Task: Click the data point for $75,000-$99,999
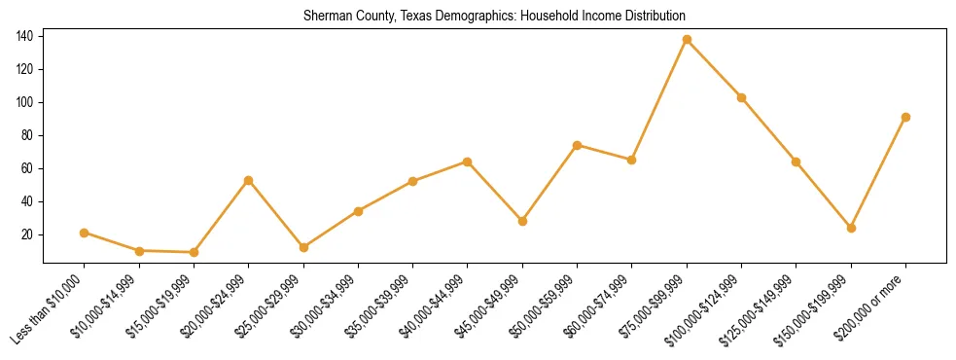coord(687,40)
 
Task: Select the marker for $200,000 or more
coord(906,117)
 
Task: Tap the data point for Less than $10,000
coord(85,233)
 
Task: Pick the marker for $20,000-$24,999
coord(249,180)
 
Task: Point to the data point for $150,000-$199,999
coord(852,228)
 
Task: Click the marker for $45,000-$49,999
coord(522,221)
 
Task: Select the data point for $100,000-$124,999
coord(742,97)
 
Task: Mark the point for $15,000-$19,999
coord(194,252)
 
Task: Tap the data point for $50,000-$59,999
coord(578,145)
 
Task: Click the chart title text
coord(494,17)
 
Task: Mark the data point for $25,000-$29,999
coord(303,247)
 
